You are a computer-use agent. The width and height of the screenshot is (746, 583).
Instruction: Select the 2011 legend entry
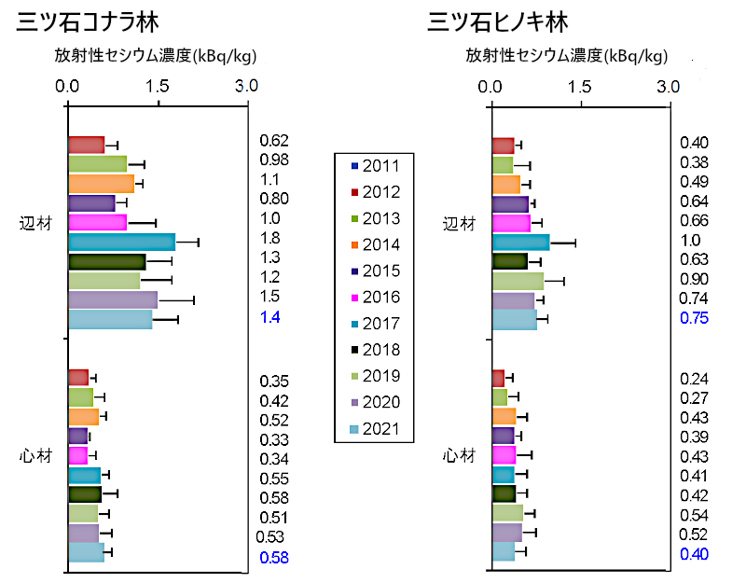coord(374,166)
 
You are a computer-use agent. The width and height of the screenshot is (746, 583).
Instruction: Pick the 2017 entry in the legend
coord(374,324)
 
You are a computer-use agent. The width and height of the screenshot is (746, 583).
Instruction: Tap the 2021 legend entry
coord(374,429)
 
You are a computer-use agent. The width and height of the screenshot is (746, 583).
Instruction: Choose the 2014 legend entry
coord(374,245)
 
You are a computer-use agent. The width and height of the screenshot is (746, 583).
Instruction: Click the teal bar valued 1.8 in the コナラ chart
coord(121,242)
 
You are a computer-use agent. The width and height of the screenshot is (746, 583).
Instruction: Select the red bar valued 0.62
coord(86,145)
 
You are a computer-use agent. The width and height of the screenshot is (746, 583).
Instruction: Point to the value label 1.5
coord(269,296)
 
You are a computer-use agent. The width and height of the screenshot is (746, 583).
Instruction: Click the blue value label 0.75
coord(694,316)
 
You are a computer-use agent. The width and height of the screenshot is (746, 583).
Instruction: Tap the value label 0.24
coord(694,379)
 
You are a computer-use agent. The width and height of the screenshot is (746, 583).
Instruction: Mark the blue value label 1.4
coord(269,317)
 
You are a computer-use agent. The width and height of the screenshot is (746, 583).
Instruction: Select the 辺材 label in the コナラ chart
coord(35,224)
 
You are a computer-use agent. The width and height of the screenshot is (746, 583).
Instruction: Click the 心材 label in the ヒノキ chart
coord(457,455)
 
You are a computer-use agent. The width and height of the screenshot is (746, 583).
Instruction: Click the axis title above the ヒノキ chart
coord(568,56)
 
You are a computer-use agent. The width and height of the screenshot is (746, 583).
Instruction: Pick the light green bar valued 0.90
coord(518,281)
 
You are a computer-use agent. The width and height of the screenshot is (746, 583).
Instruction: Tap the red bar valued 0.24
coord(498,378)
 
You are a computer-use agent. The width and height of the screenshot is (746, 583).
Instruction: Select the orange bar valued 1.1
coord(101,183)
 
